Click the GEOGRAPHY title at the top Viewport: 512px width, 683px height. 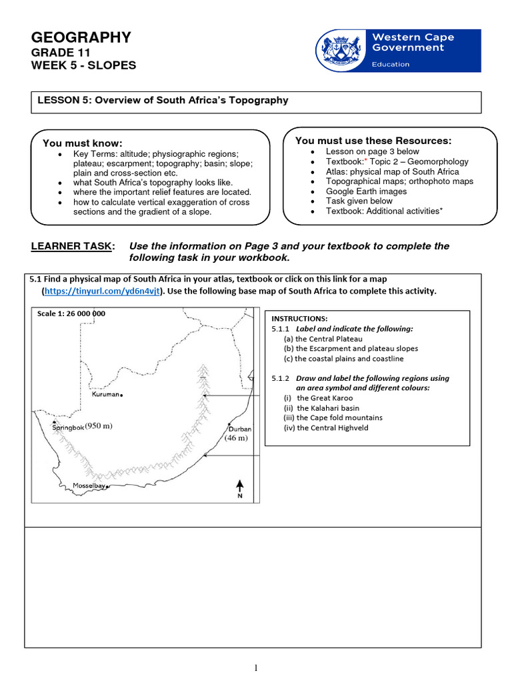[81, 37]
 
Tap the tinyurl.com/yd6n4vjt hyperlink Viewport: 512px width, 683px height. [102, 291]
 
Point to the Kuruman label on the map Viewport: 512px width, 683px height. [105, 394]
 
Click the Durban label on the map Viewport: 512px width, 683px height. [240, 428]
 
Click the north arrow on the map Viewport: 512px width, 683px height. [239, 488]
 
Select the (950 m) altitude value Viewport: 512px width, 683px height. [99, 426]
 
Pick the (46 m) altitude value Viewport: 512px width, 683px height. [235, 438]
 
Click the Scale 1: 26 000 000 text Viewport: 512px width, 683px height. [71, 313]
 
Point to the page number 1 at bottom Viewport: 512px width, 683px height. [256, 668]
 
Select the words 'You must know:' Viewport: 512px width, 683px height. [83, 143]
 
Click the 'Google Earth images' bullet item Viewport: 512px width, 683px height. [366, 191]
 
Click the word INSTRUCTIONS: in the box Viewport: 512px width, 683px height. [299, 319]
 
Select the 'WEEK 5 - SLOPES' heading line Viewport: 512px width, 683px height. [83, 65]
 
